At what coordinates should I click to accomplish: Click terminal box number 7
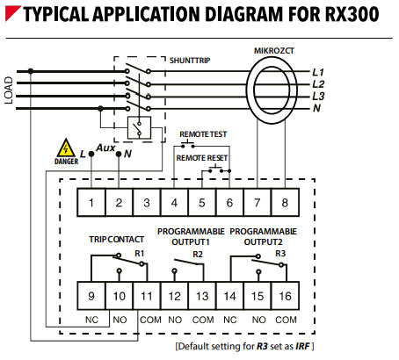point(258,203)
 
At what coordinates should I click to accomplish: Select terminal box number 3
point(147,203)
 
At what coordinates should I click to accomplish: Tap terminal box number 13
point(202,296)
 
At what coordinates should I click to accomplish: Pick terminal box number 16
point(286,296)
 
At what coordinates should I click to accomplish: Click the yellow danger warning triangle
point(66,148)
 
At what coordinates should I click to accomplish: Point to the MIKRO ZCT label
point(274,51)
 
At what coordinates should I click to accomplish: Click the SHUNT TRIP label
point(190,61)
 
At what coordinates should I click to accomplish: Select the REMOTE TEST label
point(203,134)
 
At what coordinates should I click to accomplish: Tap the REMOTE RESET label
point(202,158)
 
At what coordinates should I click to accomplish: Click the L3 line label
point(318,96)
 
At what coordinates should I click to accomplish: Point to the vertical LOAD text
point(9,90)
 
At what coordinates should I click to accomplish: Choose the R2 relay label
point(198,255)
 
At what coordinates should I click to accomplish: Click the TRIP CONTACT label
point(117,240)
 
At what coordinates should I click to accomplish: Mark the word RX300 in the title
point(352,14)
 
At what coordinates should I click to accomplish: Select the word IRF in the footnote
point(302,347)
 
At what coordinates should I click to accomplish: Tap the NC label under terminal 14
point(230,320)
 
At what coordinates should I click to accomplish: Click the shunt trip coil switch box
point(140,127)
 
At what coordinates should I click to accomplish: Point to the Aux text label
point(105,148)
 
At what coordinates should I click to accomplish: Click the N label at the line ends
point(316,108)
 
